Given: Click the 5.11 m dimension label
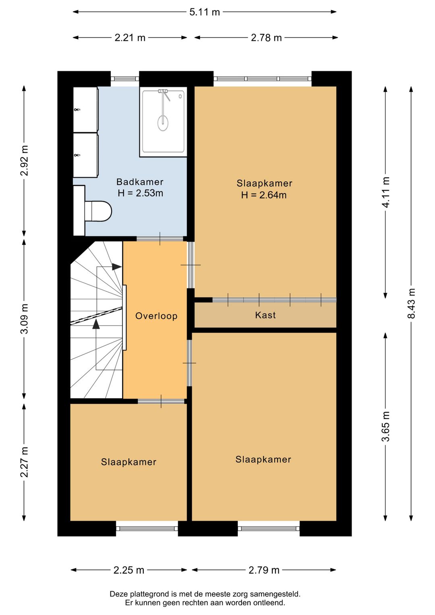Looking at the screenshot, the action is [205, 12].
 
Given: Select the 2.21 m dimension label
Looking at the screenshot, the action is [130, 37].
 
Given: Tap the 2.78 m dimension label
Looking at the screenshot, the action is [266, 37].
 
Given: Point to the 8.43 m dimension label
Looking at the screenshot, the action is [411, 303].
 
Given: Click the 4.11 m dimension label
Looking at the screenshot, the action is [385, 192].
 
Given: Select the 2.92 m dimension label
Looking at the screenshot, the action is [24, 160].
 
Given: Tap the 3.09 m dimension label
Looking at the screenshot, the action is [24, 318].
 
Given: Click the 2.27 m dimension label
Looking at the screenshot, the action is [24, 462].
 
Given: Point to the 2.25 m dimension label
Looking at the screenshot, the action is [129, 570].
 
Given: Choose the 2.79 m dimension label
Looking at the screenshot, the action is [264, 570].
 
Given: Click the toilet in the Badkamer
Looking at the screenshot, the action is [98, 211].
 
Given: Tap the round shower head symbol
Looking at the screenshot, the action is [163, 123].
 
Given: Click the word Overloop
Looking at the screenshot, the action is [156, 316].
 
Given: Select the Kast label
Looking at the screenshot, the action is [265, 315].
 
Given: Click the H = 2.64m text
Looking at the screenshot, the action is [264, 195].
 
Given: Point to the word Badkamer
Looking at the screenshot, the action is [140, 182].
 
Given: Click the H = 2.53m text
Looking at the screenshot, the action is [140, 193].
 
